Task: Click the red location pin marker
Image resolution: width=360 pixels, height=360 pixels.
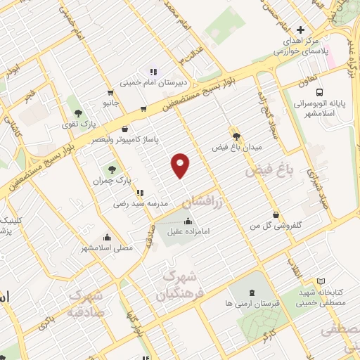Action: click(x=181, y=165)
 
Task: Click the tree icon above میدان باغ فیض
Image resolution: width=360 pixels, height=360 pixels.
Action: click(x=236, y=136)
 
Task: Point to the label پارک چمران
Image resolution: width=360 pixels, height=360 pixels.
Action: click(x=108, y=181)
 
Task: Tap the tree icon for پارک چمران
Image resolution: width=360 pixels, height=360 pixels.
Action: click(x=111, y=169)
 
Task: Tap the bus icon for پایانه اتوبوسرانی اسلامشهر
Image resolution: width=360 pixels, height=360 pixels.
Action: click(x=321, y=92)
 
